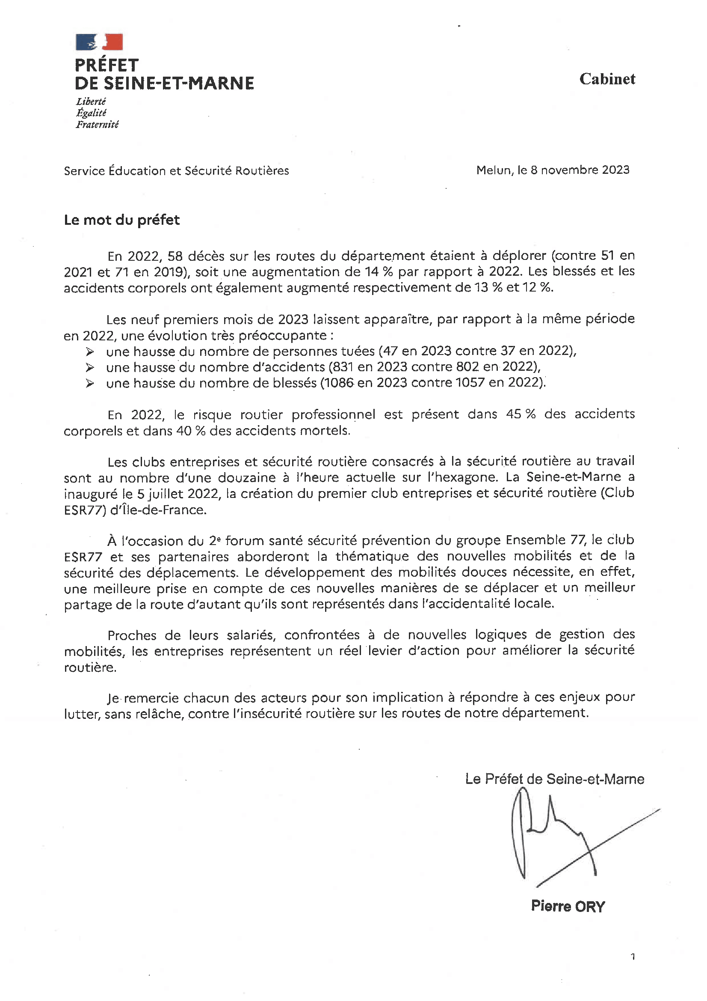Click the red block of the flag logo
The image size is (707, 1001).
tap(114, 42)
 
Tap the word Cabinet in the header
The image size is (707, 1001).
tap(607, 79)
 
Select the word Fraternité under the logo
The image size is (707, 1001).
tap(97, 125)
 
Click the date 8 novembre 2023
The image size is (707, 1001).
tap(580, 170)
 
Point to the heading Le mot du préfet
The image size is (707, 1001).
tap(121, 220)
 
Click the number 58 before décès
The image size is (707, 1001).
tap(175, 256)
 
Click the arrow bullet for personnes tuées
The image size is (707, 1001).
tap(90, 352)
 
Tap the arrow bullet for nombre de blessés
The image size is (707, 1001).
tap(90, 383)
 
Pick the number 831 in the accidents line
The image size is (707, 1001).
tap(341, 367)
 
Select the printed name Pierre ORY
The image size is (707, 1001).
tap(568, 906)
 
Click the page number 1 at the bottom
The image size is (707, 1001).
tap(633, 957)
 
